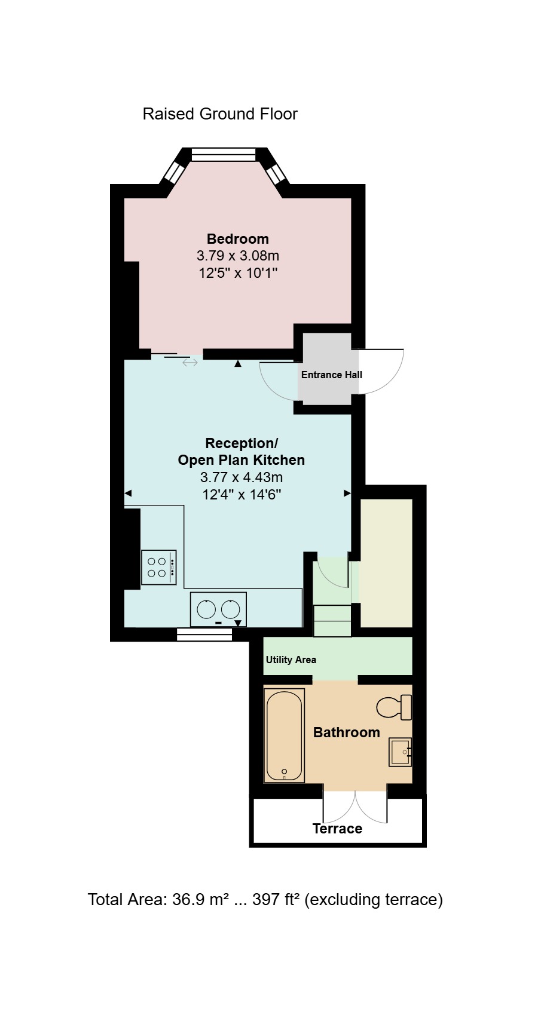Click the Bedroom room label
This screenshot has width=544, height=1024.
tap(237, 238)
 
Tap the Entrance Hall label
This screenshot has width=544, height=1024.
tap(331, 375)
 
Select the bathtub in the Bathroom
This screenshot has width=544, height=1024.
tap(284, 735)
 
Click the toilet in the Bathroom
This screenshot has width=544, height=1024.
tap(394, 707)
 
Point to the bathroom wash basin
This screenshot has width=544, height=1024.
tap(401, 752)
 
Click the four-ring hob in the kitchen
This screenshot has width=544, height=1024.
tap(159, 568)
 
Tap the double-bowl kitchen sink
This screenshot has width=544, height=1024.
tap(218, 609)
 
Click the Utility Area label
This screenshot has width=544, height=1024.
tap(291, 660)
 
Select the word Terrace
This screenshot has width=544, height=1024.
tap(337, 829)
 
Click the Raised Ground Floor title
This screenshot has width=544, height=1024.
tap(220, 114)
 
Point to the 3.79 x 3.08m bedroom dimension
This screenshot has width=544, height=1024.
tap(238, 256)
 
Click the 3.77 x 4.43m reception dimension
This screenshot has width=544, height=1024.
tap(242, 477)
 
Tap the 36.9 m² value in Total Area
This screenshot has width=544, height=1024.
tap(200, 899)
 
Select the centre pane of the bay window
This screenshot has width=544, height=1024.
tap(223, 155)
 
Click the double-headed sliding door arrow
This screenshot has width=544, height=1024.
tap(190, 363)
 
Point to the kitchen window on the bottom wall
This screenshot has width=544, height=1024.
tap(204, 634)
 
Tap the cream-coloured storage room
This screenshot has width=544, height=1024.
tap(387, 563)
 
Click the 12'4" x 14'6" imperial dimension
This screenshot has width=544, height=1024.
tap(242, 494)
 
